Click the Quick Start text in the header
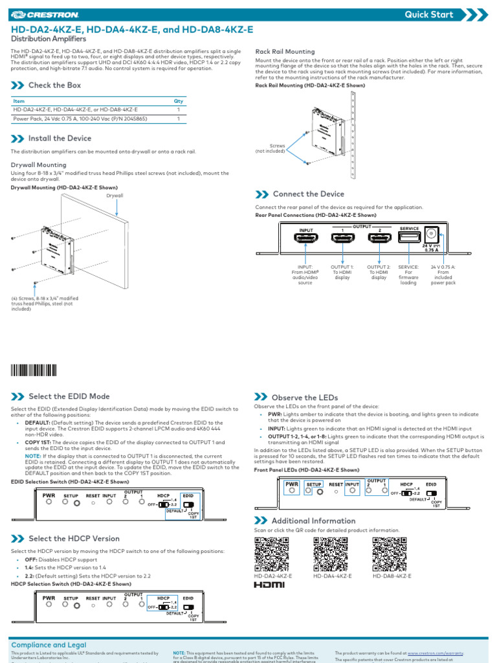click(x=429, y=14)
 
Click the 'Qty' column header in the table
click(x=179, y=102)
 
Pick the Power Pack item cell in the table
click(x=80, y=119)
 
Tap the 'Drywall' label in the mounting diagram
click(x=115, y=195)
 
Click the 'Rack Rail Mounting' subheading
click(x=285, y=52)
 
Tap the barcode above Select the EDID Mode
click(x=33, y=370)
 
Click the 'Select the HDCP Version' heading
click(x=74, y=539)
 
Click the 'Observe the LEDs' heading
click(x=305, y=397)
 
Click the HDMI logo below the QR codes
click(x=269, y=585)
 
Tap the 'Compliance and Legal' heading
click(x=49, y=645)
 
